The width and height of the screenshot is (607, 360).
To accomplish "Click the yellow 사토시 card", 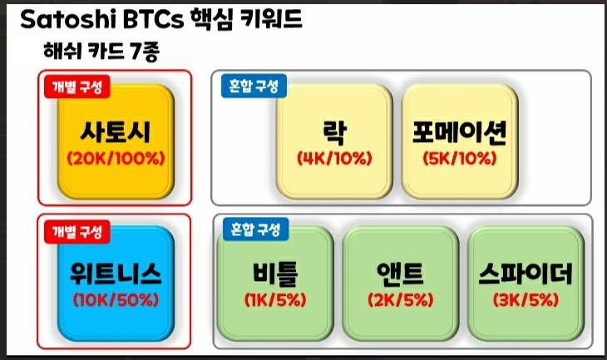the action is pos(116,141).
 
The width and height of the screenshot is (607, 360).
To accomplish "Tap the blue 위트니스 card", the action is pos(116,284).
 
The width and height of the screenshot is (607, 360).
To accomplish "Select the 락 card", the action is pos(334,141).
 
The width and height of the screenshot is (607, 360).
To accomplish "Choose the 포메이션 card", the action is pos(460,141).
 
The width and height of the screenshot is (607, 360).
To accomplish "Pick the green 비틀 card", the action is pos(275,284).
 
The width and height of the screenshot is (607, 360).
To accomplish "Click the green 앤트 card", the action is pos(401,284).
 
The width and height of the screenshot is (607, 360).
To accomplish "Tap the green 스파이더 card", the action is pos(526,284).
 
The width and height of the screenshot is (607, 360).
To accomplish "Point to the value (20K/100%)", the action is pos(116,158).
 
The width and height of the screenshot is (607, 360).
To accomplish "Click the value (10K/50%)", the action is pos(116,300).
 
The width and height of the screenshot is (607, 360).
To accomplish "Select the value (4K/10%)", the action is pos(334,158).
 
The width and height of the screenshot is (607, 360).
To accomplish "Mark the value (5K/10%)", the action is pos(460,158).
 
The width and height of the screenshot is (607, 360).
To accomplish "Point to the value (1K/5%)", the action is pos(275,300).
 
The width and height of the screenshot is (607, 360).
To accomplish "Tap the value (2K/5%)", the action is pos(401,300).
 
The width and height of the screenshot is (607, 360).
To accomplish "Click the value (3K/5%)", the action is pos(526,300).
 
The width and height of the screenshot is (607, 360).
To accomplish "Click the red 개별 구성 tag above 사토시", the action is pos(77,86).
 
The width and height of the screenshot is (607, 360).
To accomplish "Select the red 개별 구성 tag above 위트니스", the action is pos(77,232).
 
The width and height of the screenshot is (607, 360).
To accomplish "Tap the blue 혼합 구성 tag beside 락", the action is pos(254,86).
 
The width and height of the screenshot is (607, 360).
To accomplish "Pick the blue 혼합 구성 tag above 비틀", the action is pos(255,229).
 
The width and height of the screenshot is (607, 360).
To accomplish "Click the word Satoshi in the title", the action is pos(68,19).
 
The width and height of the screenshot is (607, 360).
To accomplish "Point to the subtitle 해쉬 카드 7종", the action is pos(101,51).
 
